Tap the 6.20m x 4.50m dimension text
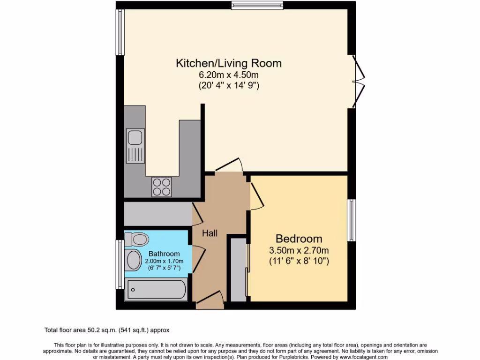pyautogui.click(x=228, y=75)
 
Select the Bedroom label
pyautogui.click(x=299, y=238)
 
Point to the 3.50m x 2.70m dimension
pyautogui.click(x=299, y=250)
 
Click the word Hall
pyautogui.click(x=210, y=233)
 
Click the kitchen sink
pyautogui.click(x=135, y=145)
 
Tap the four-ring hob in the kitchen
pyautogui.click(x=161, y=187)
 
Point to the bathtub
pyautogui.click(x=156, y=289)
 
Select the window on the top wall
pyautogui.click(x=257, y=5)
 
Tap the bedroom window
pyautogui.click(x=351, y=220)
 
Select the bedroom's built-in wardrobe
pyautogui.click(x=239, y=270)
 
